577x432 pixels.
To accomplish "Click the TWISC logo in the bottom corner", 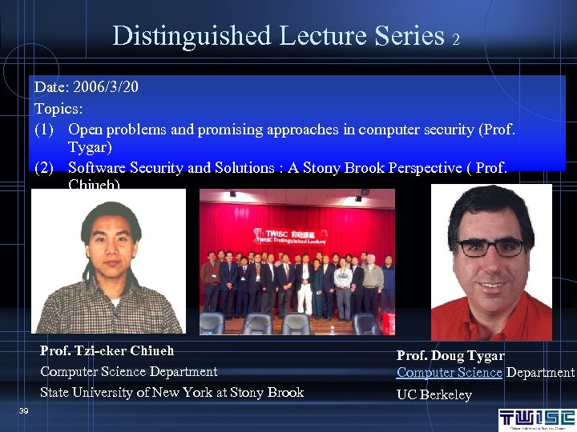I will pyautogui.click(x=536, y=418).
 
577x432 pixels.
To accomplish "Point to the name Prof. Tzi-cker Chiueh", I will pyautogui.click(x=107, y=350).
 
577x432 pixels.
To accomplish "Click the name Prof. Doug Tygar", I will pyautogui.click(x=450, y=355).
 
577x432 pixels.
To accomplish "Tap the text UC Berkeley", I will pyautogui.click(x=434, y=394).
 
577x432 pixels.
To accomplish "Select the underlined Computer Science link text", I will pyautogui.click(x=449, y=372).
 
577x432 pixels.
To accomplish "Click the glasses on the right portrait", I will pyautogui.click(x=491, y=247).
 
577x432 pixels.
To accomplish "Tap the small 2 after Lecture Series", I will pyautogui.click(x=455, y=39).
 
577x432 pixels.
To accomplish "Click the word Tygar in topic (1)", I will pyautogui.click(x=90, y=148).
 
